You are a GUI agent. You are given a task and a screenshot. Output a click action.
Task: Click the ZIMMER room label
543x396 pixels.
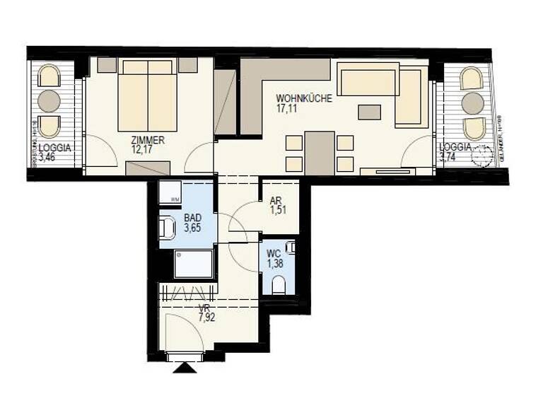[x=147, y=140]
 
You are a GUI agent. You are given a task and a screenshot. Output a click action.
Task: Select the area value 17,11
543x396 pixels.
[x=287, y=109]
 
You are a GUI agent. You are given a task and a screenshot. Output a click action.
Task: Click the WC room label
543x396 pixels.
[x=274, y=254]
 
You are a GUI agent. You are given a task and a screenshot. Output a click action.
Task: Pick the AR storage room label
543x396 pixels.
[x=276, y=200]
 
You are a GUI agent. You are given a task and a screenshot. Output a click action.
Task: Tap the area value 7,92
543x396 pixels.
[x=206, y=318]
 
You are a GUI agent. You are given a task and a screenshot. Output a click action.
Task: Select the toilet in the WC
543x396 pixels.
[x=278, y=284]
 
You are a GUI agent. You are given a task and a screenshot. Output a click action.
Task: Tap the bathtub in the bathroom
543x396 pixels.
[x=193, y=264]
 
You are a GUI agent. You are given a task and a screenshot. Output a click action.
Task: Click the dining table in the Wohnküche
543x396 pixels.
[x=320, y=153]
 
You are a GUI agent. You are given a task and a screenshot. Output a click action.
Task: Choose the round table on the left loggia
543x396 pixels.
[x=49, y=101]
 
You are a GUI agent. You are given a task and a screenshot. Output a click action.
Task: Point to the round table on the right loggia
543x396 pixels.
[x=472, y=103]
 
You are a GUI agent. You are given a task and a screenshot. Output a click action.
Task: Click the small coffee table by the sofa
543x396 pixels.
[x=369, y=112]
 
